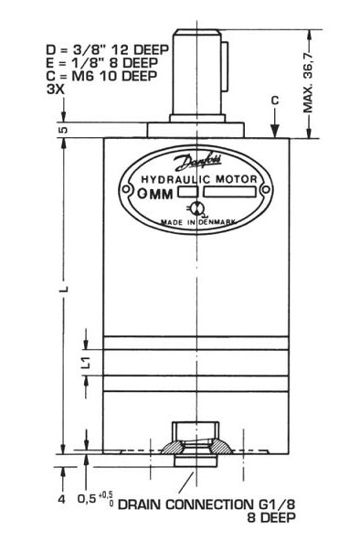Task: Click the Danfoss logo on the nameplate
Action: point(198,163)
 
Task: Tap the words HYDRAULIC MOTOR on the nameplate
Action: point(199,179)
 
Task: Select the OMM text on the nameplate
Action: point(155,194)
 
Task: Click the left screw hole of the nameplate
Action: point(125,189)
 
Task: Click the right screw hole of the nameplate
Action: point(266,190)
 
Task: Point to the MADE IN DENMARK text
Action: point(198,222)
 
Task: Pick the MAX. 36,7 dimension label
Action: point(308,82)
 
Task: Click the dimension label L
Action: point(64,288)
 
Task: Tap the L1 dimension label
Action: point(87,362)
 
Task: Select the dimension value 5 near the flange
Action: point(64,130)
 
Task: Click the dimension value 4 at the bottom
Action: point(62,499)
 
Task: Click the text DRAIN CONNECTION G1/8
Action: point(206,504)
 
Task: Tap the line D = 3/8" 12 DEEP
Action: point(108,50)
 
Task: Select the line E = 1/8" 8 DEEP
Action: point(102,63)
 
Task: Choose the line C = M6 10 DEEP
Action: point(101,76)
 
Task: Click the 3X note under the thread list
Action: point(55,89)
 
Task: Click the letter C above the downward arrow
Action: point(275,101)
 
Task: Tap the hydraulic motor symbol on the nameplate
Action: point(196,208)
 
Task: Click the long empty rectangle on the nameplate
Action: point(229,192)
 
